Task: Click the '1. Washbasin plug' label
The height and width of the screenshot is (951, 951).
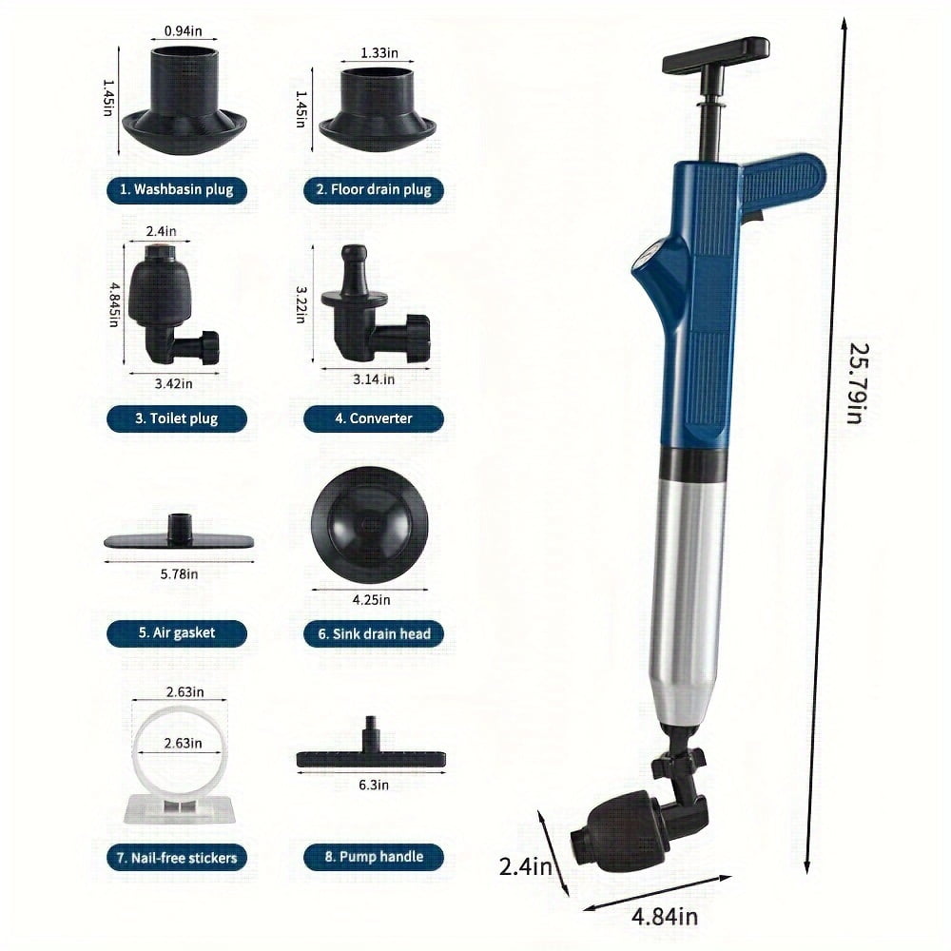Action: click(176, 189)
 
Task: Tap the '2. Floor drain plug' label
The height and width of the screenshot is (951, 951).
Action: click(374, 189)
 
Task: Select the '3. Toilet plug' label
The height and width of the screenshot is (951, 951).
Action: click(176, 418)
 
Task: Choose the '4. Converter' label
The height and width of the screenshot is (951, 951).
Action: click(374, 418)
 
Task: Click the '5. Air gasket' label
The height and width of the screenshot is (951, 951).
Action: click(176, 633)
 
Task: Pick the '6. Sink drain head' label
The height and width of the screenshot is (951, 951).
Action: click(374, 633)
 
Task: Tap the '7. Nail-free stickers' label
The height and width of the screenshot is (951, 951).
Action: click(176, 857)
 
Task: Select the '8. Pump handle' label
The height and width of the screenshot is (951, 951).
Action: click(374, 857)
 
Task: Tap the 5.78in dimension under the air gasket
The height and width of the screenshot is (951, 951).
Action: click(179, 573)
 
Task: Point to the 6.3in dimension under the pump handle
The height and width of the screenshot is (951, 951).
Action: click(372, 785)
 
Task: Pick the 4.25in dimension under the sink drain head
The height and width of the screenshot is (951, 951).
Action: click(370, 599)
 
